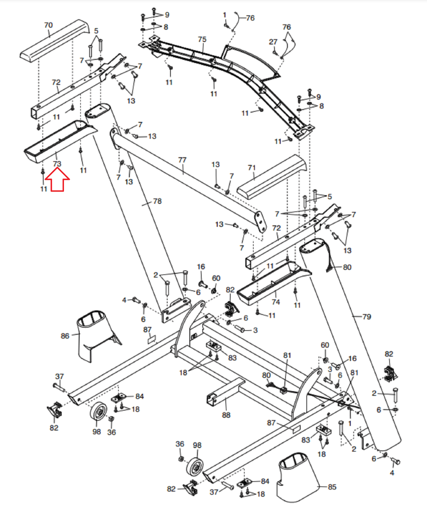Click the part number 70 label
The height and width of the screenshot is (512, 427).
48,25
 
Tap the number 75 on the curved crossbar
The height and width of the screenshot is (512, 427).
202,39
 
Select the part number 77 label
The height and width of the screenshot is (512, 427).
182,160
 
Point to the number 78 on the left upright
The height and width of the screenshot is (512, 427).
157,201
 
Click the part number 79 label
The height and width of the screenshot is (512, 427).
367,316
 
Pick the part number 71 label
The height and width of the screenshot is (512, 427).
252,168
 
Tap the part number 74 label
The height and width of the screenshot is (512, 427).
276,302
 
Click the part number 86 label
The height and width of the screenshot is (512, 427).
65,336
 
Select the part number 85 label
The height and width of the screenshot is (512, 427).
332,487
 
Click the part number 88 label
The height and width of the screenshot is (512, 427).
226,415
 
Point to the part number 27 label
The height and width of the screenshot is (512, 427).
273,42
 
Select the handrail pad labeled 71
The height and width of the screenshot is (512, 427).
272,177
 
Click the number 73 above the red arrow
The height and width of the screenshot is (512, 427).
57,164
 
